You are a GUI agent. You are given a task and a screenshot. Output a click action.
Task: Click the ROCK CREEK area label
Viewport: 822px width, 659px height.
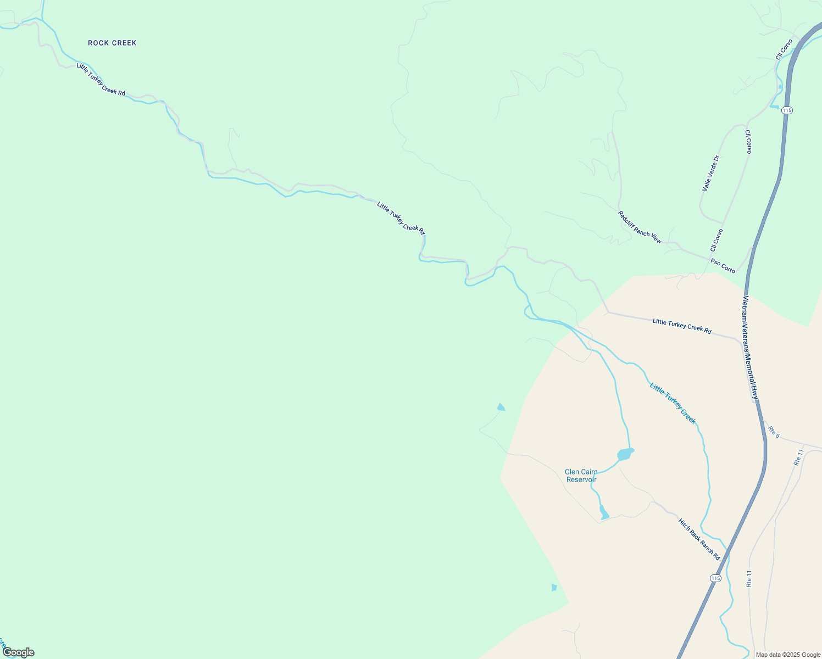(112, 43)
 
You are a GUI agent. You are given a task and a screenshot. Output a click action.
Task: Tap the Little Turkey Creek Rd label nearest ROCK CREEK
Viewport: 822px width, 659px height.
(101, 80)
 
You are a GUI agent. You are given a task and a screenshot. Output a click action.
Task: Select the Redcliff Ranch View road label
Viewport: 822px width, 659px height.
(640, 227)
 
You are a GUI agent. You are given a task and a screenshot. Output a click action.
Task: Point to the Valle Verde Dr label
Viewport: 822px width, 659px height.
(710, 173)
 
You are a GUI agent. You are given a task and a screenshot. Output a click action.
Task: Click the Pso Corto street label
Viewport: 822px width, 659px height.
(723, 266)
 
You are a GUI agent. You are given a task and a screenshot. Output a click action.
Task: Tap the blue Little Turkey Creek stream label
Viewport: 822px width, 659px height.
(673, 403)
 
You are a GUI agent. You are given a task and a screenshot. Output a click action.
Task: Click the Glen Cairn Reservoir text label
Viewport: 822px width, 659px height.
(581, 476)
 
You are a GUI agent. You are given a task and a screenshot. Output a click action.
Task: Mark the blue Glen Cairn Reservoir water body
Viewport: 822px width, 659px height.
(625, 454)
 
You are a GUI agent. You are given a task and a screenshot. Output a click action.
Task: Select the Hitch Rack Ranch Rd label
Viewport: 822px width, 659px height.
(699, 539)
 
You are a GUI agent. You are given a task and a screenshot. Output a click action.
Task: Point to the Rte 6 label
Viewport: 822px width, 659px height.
(774, 432)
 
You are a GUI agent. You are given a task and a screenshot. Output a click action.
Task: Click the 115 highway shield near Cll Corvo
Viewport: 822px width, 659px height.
(787, 110)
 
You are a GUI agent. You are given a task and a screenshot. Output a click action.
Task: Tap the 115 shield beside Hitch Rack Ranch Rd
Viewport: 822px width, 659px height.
(715, 578)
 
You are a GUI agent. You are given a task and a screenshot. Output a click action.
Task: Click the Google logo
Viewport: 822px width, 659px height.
(18, 652)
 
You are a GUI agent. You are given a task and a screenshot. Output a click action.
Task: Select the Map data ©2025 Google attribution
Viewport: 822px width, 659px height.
(788, 655)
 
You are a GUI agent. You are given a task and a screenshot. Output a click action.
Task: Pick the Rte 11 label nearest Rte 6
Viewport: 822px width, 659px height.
(799, 457)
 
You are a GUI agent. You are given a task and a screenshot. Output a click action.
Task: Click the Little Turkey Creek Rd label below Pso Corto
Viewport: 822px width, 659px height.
(682, 326)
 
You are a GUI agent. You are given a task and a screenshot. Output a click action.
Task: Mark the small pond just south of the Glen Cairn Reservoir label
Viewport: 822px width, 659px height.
(604, 513)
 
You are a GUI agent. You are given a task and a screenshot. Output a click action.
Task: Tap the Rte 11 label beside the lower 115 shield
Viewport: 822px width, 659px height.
(749, 578)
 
